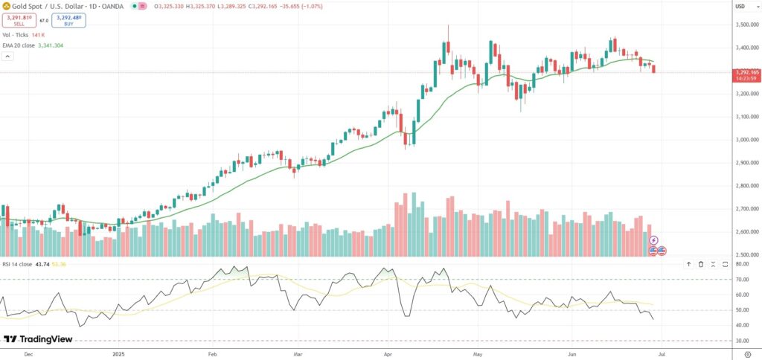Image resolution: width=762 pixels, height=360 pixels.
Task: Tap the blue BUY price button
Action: [68, 21]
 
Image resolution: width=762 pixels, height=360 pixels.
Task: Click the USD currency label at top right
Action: [740, 7]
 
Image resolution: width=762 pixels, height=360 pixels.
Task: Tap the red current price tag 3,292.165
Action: [745, 72]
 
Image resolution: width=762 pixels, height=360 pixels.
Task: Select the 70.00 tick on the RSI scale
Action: [742, 280]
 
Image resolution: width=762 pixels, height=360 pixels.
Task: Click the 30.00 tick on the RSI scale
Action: [742, 341]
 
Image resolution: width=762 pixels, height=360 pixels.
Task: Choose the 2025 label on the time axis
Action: [118, 353]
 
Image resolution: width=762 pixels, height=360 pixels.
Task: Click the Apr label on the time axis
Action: [388, 353]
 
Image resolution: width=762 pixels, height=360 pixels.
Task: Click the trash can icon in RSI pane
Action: [701, 264]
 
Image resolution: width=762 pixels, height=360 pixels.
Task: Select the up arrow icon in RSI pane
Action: [689, 264]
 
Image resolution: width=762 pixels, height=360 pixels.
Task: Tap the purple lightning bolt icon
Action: [653, 240]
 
